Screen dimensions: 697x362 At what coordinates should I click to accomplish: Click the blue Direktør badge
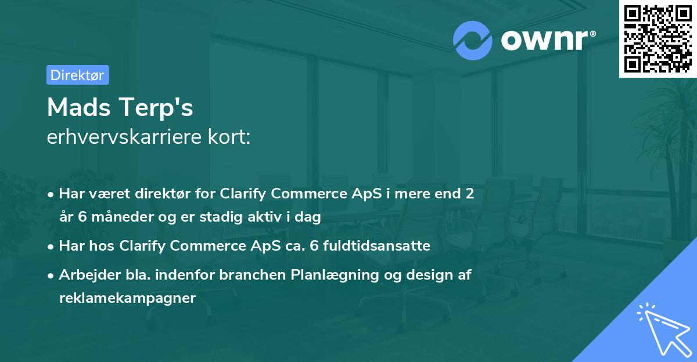[78, 75]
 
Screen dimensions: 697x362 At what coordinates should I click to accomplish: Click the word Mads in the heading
[79, 107]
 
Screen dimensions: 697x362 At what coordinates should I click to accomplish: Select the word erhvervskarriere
[124, 137]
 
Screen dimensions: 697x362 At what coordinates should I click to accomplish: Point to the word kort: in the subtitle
[229, 137]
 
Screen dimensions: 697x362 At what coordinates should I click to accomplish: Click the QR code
[658, 38]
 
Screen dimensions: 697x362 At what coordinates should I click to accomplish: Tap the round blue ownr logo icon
[472, 41]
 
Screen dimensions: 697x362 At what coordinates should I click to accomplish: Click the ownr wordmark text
[545, 40]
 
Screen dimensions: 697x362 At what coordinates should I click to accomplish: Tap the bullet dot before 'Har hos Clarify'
[51, 247]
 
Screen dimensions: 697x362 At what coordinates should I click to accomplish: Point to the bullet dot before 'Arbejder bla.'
[51, 276]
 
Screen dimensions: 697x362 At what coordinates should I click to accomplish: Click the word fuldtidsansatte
[376, 245]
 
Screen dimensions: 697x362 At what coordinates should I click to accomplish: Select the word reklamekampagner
[128, 298]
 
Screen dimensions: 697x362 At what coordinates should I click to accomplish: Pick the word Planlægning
[335, 276]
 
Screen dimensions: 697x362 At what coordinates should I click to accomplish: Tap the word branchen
[252, 274]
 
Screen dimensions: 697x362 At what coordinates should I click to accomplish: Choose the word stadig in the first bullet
[221, 217]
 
